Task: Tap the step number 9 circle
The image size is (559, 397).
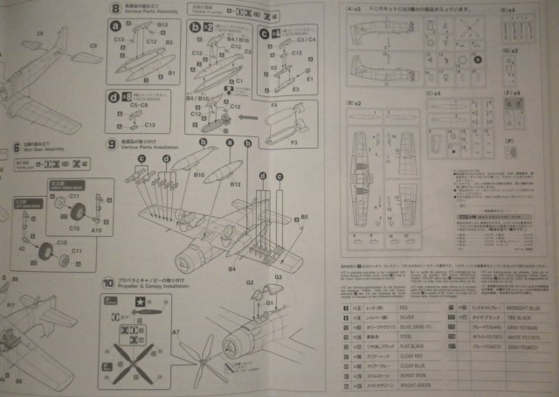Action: click(112, 143)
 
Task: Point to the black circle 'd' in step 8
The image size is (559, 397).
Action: click(114, 94)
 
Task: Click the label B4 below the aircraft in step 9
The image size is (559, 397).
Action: click(233, 270)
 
